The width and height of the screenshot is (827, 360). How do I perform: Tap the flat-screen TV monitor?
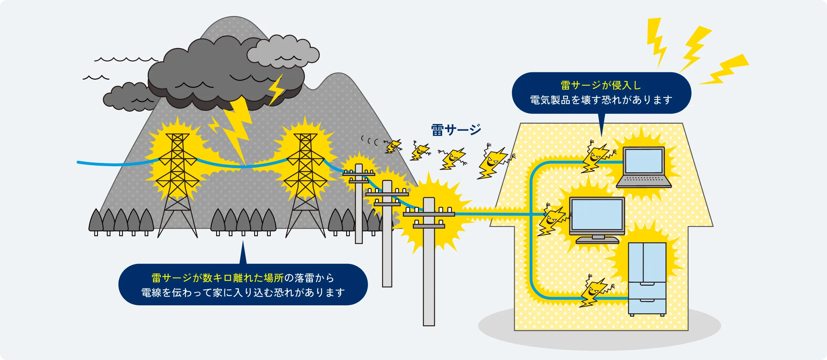[x=597, y=215]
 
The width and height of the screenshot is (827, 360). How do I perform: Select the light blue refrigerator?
[x=647, y=278]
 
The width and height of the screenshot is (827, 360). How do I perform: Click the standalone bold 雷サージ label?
[x=456, y=130]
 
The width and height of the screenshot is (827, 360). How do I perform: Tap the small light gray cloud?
[x=283, y=52]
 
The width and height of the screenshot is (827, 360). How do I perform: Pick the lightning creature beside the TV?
[x=552, y=220]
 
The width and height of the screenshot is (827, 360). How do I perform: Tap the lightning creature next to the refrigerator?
[x=595, y=292]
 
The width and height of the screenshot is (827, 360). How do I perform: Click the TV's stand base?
[x=597, y=240]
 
